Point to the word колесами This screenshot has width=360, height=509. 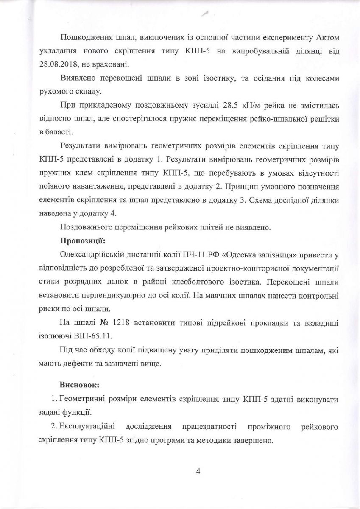(323, 79)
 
